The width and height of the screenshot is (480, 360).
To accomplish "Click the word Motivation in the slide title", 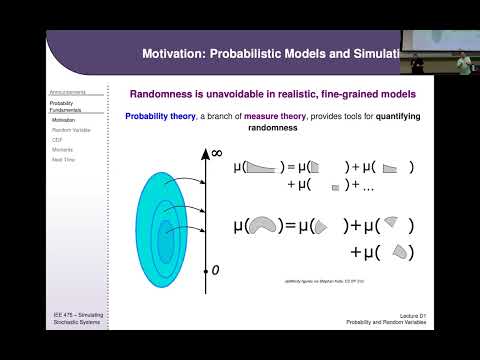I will (x=172, y=51).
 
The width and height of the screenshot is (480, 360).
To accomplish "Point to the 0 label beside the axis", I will (x=215, y=270).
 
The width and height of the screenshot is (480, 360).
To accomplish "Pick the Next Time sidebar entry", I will (x=64, y=159).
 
